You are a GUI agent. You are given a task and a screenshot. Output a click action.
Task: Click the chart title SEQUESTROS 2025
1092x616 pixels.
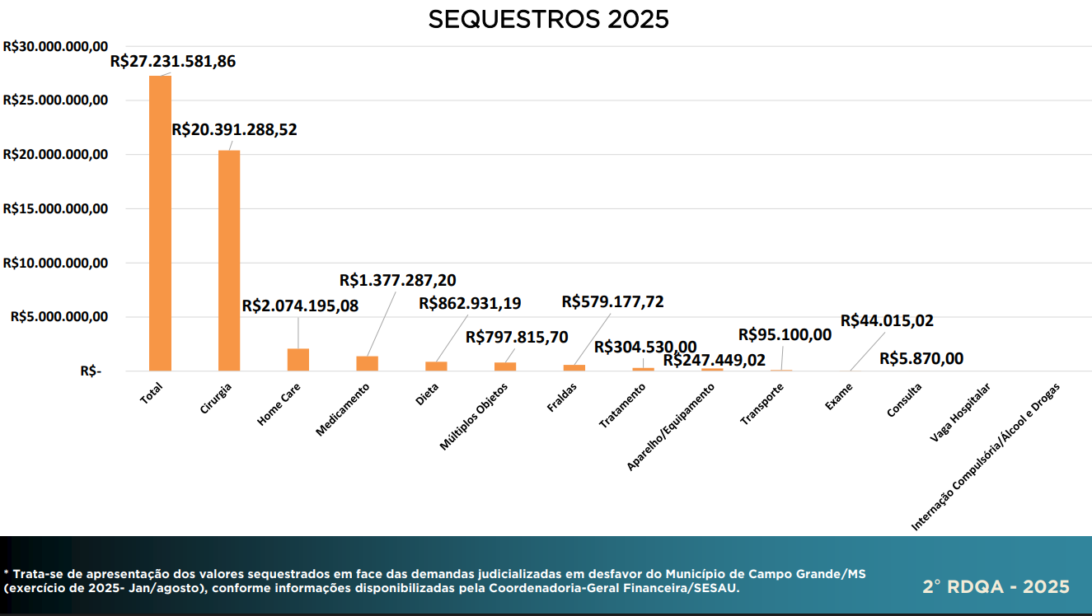tap(548, 20)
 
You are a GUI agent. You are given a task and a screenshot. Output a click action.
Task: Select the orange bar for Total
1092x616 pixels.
tap(160, 222)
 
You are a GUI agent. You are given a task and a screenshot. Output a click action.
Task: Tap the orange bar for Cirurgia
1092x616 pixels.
tap(229, 260)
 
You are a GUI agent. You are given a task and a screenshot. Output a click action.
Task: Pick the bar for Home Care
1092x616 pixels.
tap(298, 360)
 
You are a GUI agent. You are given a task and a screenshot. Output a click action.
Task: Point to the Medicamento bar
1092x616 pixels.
tap(367, 363)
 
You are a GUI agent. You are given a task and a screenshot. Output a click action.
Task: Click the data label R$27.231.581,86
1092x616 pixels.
tap(173, 62)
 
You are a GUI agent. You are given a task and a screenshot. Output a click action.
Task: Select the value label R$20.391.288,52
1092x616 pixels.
tap(234, 129)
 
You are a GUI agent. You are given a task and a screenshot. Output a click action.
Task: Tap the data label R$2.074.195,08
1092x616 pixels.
tap(300, 306)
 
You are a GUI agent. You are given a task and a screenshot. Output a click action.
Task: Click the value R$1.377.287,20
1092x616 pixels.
tap(397, 280)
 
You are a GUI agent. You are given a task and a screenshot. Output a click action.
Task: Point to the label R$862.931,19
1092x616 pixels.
tap(470, 303)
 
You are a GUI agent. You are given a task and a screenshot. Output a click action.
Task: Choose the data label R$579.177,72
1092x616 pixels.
tap(612, 301)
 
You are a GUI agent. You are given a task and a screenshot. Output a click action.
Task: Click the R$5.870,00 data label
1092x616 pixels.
tap(921, 359)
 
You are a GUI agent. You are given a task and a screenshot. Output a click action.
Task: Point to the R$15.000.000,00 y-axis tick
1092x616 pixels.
tap(56, 209)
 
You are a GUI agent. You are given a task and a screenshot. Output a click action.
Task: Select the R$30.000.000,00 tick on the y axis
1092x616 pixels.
tap(56, 47)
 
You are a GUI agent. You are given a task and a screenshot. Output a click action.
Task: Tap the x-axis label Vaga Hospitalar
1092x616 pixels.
tap(959, 413)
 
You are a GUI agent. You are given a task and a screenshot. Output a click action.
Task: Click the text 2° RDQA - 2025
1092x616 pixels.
tap(996, 587)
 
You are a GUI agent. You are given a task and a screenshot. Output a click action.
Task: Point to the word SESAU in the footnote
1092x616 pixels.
tap(718, 589)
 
